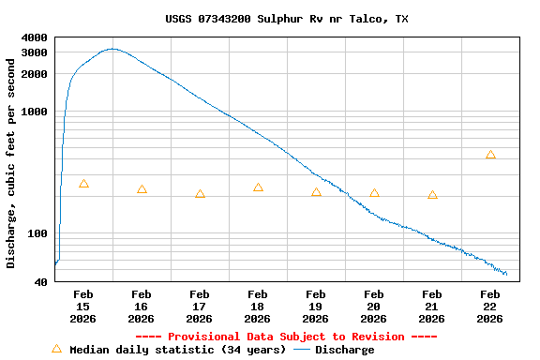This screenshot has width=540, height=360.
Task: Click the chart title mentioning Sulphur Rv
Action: tap(286, 19)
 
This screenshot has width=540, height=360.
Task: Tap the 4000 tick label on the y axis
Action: tap(34, 37)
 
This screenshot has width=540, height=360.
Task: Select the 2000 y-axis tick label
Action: tap(34, 74)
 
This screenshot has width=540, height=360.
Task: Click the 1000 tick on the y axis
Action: tap(34, 112)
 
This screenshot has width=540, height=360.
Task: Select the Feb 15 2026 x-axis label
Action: tap(83, 307)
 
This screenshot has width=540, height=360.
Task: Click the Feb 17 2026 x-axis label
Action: tap(200, 307)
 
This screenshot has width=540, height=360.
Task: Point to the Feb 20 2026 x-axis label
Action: tap(374, 307)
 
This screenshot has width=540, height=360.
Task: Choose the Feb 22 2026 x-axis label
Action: tap(490, 307)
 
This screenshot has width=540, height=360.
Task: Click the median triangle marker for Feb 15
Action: tap(83, 184)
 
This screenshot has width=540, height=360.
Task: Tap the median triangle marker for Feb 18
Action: tap(258, 187)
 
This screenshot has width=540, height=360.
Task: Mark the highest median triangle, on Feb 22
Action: tap(490, 155)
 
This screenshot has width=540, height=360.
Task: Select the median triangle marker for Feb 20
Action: tap(374, 193)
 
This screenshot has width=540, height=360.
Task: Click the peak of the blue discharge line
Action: tap(112, 49)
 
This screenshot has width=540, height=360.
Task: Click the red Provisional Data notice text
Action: tap(286, 337)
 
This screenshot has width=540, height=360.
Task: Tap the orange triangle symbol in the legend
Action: tap(56, 349)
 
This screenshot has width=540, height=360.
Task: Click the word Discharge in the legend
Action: tap(344, 350)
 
